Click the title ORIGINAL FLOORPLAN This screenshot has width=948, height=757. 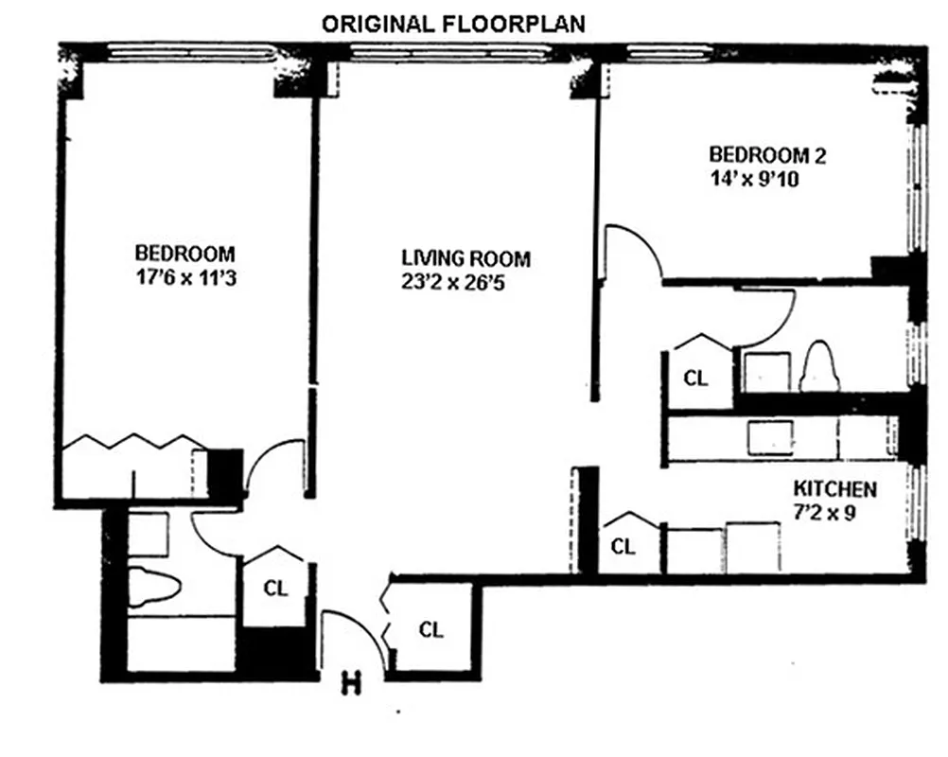(x=453, y=24)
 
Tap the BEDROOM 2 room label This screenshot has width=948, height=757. (x=761, y=154)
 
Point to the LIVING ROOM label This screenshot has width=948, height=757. (x=465, y=258)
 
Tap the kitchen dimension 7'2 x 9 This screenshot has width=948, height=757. (x=830, y=514)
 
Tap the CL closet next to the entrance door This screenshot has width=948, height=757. (x=430, y=629)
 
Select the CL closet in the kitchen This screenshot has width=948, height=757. (x=622, y=546)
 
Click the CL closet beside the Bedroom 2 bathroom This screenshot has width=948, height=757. (x=695, y=378)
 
